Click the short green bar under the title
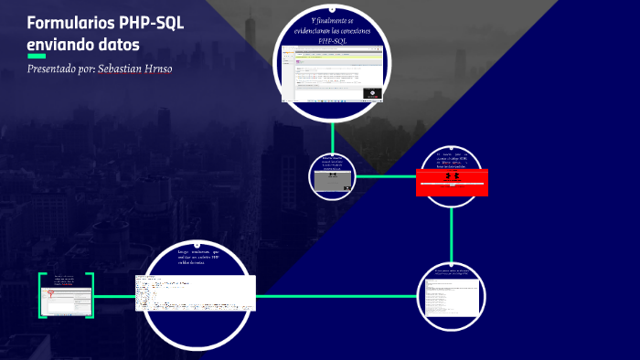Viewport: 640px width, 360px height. (37, 56)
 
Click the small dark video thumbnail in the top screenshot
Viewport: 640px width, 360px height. (372, 92)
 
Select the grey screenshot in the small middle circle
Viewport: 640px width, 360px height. (332, 180)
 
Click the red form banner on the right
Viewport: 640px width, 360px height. (452, 182)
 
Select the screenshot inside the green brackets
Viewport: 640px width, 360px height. (67, 296)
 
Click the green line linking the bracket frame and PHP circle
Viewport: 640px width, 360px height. (117, 296)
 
